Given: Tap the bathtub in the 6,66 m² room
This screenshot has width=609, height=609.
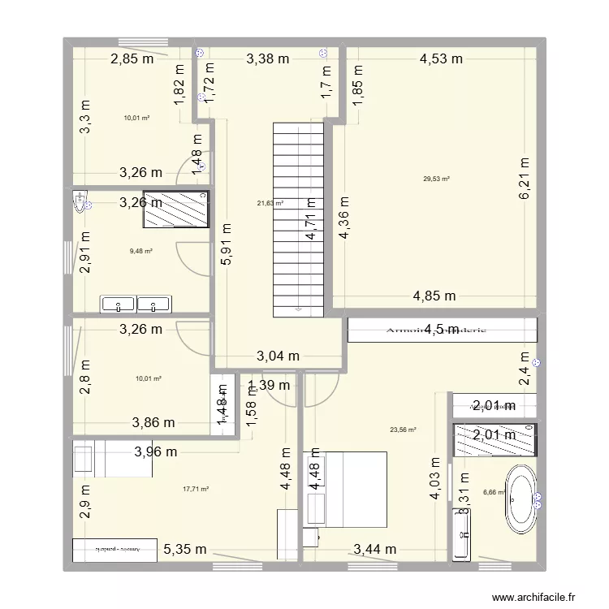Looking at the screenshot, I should [x=520, y=495].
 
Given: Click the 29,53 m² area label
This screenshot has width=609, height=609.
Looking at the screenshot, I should [x=436, y=179].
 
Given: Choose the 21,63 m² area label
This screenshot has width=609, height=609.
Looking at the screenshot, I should [x=270, y=204].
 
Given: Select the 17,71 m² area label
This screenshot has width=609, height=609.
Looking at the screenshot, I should [x=196, y=489].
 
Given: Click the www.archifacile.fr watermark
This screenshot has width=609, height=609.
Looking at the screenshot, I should [x=537, y=595].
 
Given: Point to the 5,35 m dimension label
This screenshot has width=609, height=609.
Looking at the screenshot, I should [x=184, y=550].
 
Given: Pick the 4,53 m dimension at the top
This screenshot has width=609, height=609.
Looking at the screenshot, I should [x=441, y=58].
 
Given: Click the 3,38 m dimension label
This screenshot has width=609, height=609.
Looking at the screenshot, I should [x=267, y=58].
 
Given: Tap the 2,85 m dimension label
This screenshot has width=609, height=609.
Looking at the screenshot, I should [x=132, y=58].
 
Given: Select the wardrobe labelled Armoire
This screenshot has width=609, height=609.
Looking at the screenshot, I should [x=443, y=330].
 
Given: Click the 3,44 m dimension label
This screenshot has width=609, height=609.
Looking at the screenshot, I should [x=374, y=550].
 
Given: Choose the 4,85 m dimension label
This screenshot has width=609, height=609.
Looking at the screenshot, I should [x=434, y=296].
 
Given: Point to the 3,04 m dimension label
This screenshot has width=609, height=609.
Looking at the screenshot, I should [x=279, y=356].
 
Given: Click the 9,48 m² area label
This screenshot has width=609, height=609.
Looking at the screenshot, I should [x=141, y=251].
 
